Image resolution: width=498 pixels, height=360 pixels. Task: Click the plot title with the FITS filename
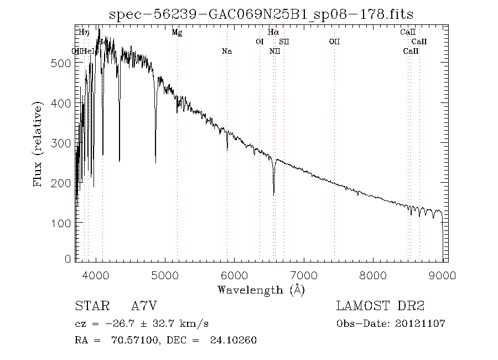(x=262, y=14)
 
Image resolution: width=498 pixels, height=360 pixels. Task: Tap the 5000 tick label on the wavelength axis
(x=165, y=275)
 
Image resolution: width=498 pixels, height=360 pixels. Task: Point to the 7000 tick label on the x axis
(x=304, y=275)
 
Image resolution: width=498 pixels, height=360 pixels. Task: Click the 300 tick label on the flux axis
(x=62, y=143)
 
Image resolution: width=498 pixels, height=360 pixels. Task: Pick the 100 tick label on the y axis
(x=62, y=223)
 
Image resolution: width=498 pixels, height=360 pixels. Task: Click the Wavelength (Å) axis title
(x=261, y=290)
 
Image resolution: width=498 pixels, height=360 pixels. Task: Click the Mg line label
(x=177, y=32)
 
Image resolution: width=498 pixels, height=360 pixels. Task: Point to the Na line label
(x=227, y=51)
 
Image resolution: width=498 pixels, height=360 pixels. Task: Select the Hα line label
(x=273, y=32)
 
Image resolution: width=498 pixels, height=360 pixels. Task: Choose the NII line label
(x=274, y=51)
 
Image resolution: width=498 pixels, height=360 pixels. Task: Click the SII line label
(x=283, y=42)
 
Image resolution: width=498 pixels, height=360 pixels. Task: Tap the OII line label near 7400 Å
(x=334, y=42)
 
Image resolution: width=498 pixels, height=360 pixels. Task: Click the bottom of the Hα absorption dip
(x=274, y=194)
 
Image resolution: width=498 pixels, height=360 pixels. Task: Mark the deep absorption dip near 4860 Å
(x=155, y=162)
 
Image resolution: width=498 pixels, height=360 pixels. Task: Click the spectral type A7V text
(x=147, y=306)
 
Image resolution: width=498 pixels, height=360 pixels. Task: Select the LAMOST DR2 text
(x=380, y=306)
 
